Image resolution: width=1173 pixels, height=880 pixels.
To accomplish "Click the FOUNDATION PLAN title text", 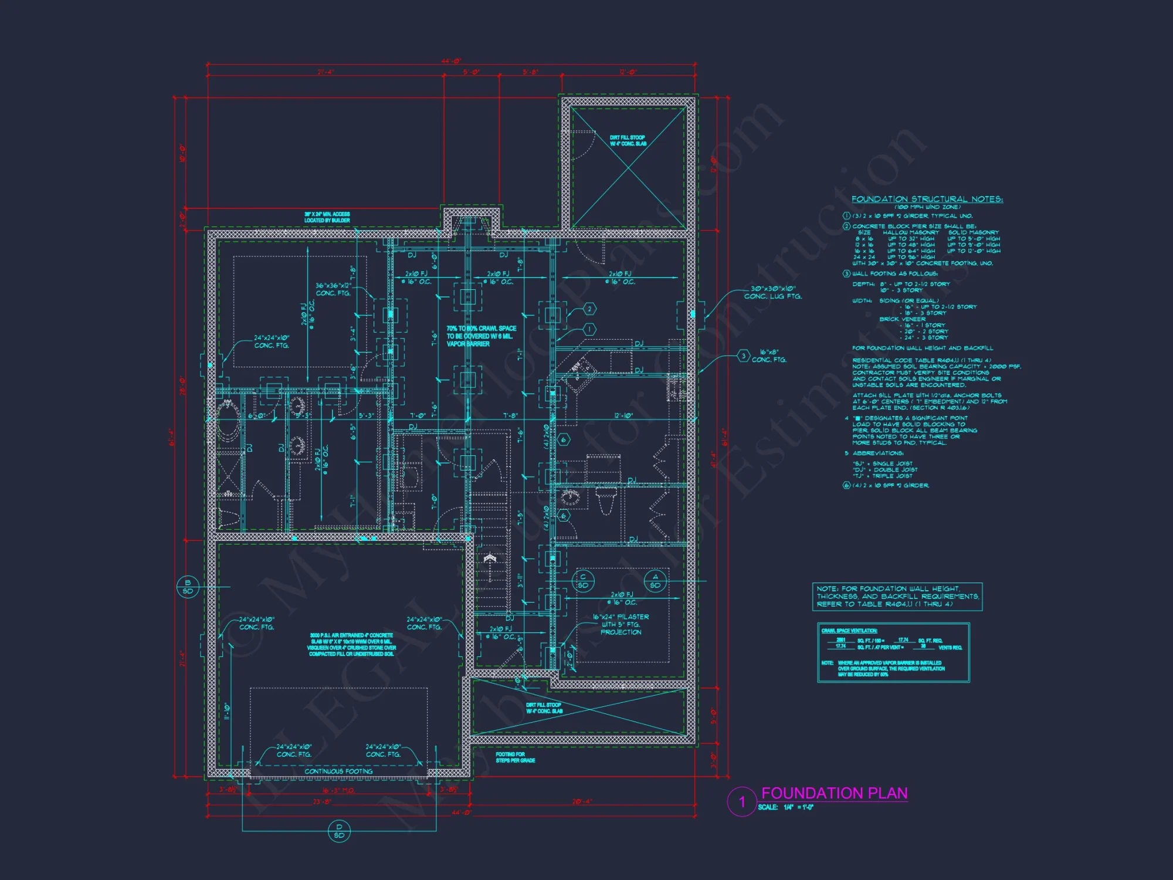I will click(x=833, y=793).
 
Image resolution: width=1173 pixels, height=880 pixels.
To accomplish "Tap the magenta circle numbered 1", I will click(x=742, y=802).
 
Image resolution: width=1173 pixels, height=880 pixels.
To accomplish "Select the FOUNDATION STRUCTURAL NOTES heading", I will click(x=927, y=199).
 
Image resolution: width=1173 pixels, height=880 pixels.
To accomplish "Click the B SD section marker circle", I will click(x=188, y=587).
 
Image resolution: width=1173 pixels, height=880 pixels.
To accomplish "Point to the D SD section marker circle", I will click(x=339, y=831).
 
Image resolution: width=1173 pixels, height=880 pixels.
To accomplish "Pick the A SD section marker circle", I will click(x=655, y=581).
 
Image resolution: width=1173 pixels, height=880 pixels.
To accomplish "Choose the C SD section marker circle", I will click(x=583, y=581).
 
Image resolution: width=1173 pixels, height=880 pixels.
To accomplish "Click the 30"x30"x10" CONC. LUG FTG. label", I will click(x=773, y=292).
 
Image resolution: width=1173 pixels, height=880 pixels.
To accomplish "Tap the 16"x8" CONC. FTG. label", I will click(x=769, y=356).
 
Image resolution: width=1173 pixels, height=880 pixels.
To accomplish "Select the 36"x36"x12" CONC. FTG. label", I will click(x=333, y=289).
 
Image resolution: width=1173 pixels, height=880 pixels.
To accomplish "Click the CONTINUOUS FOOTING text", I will click(x=338, y=771).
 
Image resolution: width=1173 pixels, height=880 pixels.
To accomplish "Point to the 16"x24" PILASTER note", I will click(x=621, y=624).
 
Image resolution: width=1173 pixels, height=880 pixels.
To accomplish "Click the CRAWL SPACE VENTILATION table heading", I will click(x=849, y=631).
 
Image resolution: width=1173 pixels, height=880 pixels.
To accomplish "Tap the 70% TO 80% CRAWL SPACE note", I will click(x=481, y=336).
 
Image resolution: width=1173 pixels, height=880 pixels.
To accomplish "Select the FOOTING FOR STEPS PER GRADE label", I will click(x=515, y=757).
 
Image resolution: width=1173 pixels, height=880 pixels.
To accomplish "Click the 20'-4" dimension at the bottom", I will click(x=582, y=801).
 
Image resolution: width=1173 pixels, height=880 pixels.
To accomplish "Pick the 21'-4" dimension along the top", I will click(x=326, y=72).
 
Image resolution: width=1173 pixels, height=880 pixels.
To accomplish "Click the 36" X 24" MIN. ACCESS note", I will click(x=327, y=217).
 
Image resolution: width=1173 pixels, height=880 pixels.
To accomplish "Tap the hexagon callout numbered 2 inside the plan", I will click(x=589, y=309).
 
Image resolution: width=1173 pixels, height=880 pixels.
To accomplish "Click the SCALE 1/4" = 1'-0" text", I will click(x=785, y=807).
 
